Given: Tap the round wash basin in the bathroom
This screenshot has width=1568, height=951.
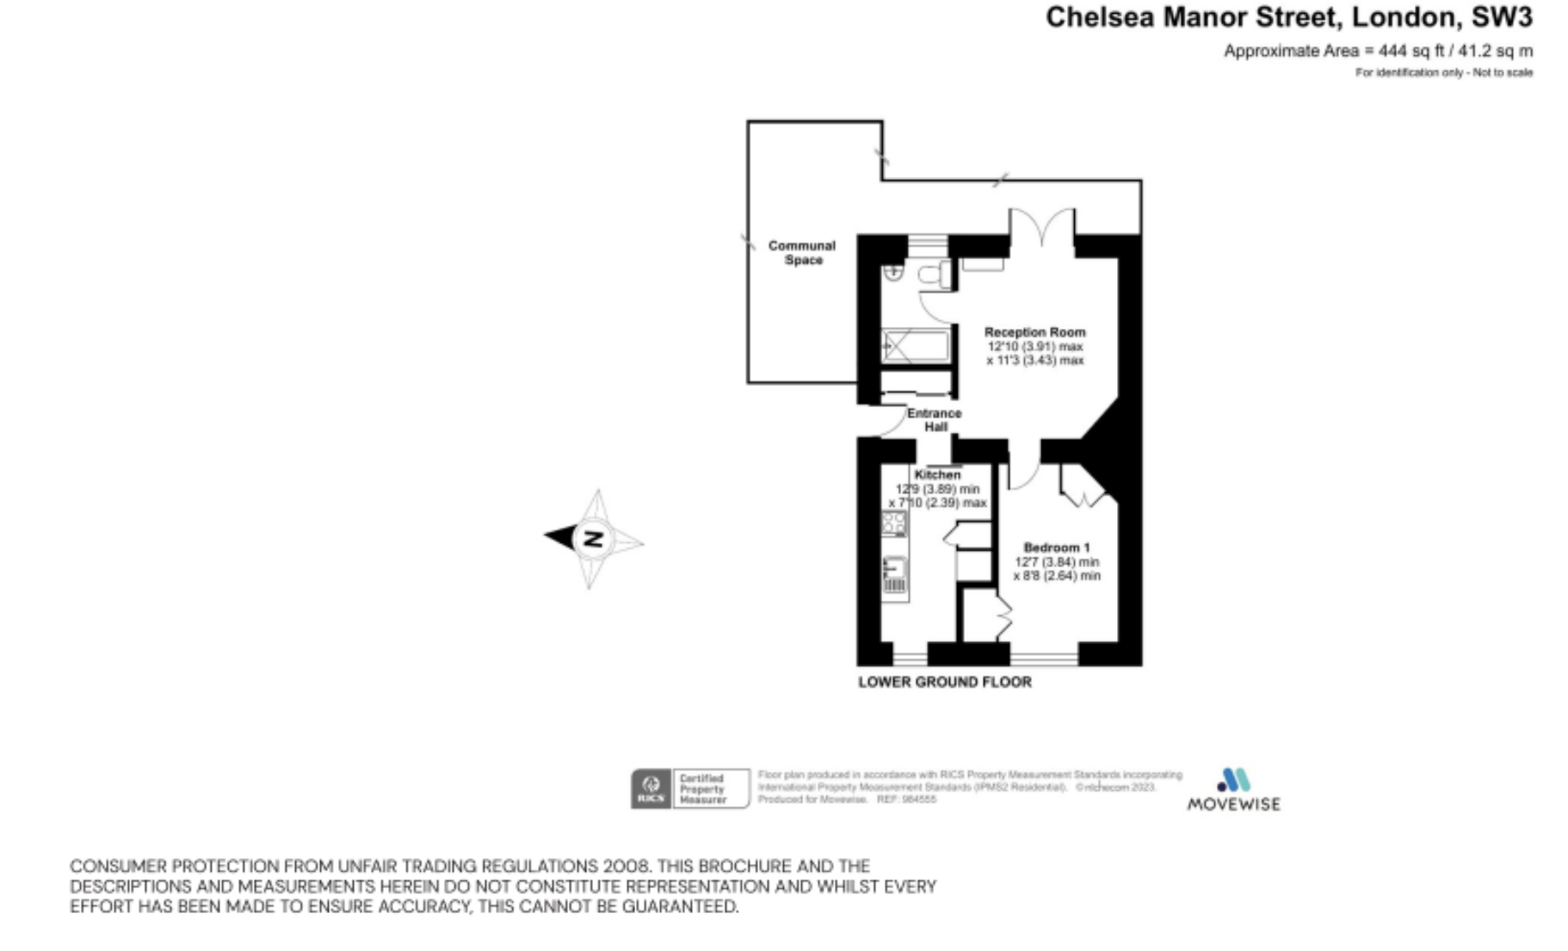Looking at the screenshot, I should pyautogui.click(x=893, y=272).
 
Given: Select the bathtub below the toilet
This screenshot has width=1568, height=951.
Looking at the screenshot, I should pyautogui.click(x=916, y=346).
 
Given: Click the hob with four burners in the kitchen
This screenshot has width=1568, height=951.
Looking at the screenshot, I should pyautogui.click(x=894, y=522).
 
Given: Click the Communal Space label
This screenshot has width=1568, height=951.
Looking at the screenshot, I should pyautogui.click(x=802, y=252).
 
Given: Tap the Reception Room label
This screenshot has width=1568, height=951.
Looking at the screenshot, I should pyautogui.click(x=1034, y=331).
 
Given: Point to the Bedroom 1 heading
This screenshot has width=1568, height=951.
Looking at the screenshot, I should pyautogui.click(x=1056, y=547).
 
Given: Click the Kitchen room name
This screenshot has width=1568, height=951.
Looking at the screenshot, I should pyautogui.click(x=937, y=474).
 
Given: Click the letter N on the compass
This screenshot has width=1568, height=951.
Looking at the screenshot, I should pyautogui.click(x=593, y=539).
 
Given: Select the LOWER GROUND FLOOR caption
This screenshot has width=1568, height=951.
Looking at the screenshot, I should pyautogui.click(x=944, y=682).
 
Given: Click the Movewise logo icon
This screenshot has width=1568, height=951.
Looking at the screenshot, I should pyautogui.click(x=1233, y=780).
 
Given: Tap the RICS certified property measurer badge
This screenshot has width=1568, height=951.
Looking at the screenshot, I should pyautogui.click(x=689, y=788).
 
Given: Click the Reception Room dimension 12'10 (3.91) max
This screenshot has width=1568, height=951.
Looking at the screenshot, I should pyautogui.click(x=1034, y=346).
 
